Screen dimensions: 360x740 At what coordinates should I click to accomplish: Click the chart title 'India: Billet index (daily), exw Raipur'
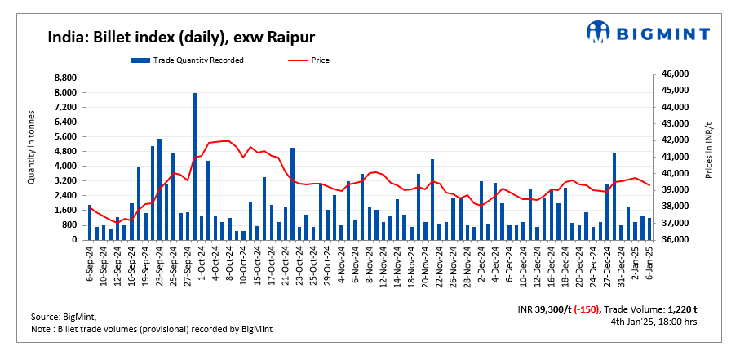click(181, 37)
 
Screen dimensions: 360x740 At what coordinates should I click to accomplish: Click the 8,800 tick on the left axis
click(65, 78)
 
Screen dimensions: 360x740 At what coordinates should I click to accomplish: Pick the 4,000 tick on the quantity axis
click(65, 167)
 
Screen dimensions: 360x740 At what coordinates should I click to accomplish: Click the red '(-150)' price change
click(584, 310)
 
